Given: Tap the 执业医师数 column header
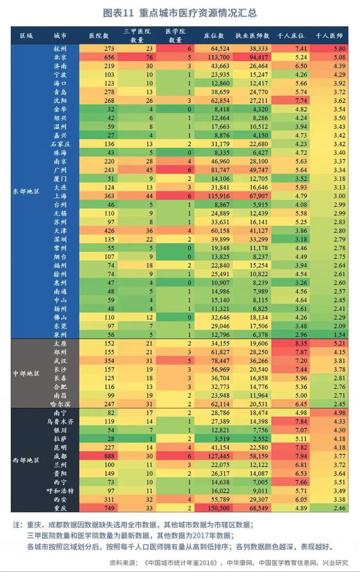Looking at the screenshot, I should [x=253, y=36].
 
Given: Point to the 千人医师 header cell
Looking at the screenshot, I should [x=329, y=36].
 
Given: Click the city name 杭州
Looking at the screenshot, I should [x=60, y=48].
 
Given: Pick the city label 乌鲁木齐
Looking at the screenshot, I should [x=60, y=421].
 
